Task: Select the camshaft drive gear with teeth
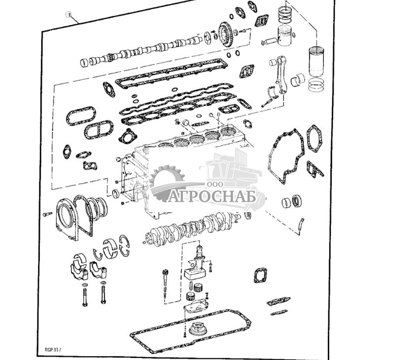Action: (x=225, y=34)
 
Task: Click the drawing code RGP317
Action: (x=53, y=350)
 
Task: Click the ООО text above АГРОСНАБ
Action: (x=215, y=184)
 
